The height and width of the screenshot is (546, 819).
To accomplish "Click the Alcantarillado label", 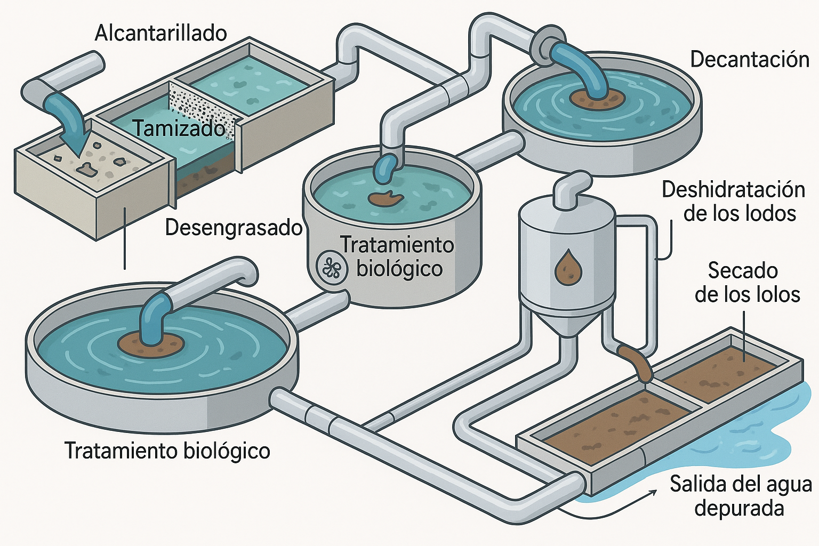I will coord(160,33).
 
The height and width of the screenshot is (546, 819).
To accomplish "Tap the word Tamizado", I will coord(179,129).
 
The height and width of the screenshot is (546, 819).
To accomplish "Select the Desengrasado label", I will coord(234,228).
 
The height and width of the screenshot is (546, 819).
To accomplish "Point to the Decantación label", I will coord(750,59).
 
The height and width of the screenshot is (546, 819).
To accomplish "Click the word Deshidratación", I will coord(733,190).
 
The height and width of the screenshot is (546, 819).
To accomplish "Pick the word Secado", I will coord(742,271).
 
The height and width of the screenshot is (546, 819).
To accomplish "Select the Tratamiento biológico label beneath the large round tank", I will coord(167,451).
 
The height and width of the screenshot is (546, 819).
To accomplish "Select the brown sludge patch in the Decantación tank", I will coord(597,99).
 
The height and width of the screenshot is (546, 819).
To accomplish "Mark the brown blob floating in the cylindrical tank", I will coord(386,198).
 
